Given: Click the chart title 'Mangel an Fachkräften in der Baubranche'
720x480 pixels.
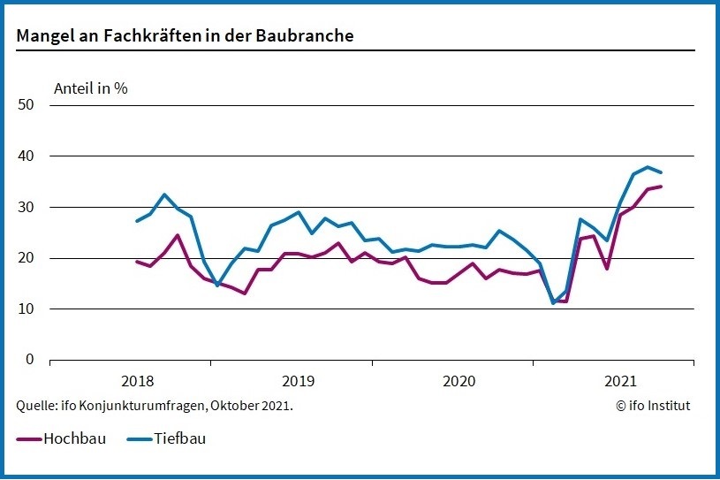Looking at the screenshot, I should point(186,35).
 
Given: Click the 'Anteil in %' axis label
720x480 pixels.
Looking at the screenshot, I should point(91,88).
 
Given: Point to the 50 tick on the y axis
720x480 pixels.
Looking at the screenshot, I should point(26,105).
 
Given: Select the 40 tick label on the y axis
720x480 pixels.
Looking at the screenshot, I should point(26,156).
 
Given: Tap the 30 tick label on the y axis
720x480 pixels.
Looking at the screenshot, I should point(26,207).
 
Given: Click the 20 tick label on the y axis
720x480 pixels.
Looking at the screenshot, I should point(26,258).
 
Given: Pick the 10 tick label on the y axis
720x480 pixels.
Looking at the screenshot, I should point(26,309).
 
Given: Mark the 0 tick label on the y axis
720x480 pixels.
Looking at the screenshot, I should point(29,360).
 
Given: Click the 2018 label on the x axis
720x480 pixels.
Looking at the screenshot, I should point(137,382).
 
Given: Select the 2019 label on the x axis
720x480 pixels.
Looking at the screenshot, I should point(298,382).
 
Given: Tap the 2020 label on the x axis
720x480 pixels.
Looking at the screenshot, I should point(459,382).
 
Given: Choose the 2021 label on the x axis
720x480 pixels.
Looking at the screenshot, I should point(620,382).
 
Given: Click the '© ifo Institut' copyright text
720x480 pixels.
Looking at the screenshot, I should point(653,406).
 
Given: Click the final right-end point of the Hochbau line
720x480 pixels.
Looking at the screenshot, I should point(662,187).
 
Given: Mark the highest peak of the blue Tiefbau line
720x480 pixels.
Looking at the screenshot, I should point(648,167).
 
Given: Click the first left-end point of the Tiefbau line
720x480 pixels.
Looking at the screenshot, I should point(137,221).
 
